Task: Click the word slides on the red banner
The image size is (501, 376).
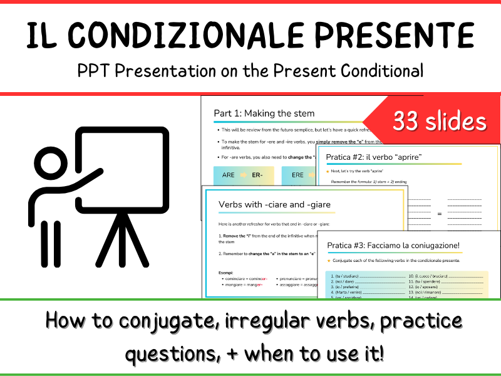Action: point(457,121)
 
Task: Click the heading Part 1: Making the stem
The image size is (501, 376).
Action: point(264,113)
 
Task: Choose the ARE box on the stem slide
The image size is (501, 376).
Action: point(229,175)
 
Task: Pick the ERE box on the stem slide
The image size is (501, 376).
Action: point(297,175)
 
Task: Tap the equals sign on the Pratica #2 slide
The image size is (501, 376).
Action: point(439,214)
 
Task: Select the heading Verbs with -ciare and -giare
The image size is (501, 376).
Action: point(274,204)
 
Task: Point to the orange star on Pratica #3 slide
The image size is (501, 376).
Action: point(328,259)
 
